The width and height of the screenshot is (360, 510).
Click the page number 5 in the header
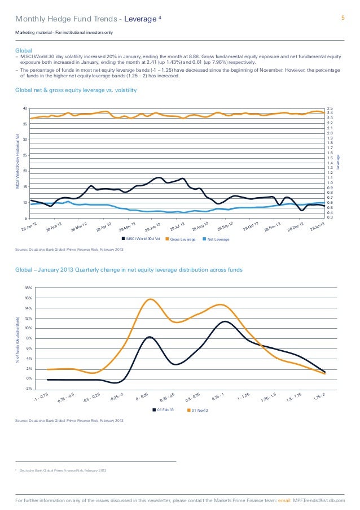tap(343, 18)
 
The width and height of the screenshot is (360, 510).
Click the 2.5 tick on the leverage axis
tap(330, 108)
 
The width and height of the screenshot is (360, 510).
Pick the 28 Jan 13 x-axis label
tap(318, 227)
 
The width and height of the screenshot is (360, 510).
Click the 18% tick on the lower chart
tap(28, 288)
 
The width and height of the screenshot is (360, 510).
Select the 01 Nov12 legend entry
tap(200, 409)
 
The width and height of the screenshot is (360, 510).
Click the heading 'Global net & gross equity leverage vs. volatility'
tap(76, 91)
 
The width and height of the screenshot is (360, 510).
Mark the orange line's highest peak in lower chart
tap(151, 299)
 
